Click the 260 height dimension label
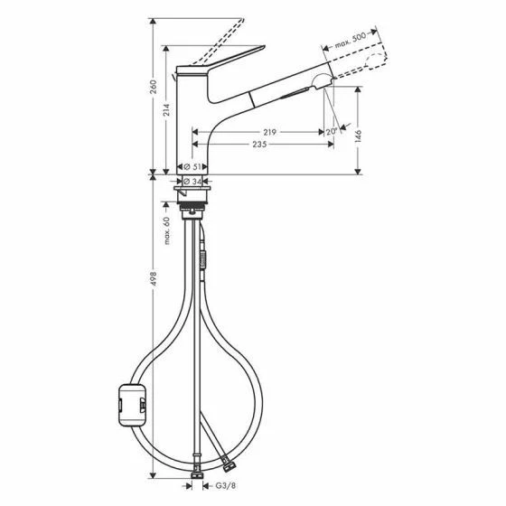point(154,87)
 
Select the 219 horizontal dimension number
point(268,132)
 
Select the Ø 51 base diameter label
point(192,167)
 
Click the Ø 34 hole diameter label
point(192,182)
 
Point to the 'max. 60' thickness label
point(167,232)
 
